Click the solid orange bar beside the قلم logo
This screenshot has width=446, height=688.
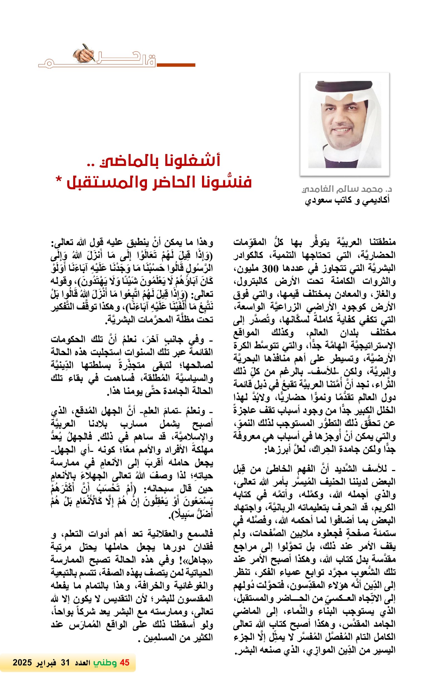click(x=176, y=65)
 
